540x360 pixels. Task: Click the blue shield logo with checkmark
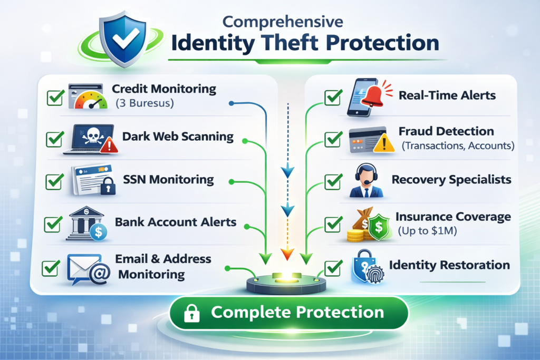pos(123,40)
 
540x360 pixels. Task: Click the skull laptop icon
pos(90,139)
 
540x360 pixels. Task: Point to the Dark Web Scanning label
pos(178,137)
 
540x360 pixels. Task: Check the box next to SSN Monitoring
pos(55,181)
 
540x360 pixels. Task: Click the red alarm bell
pos(381,93)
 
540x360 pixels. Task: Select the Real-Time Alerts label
pos(447,95)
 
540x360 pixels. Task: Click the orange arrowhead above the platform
pos(286,255)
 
